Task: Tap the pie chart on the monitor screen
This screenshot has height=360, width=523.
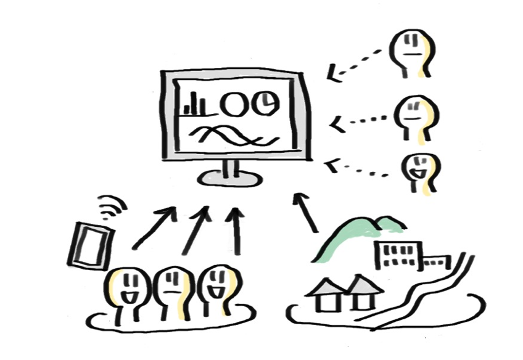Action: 267,102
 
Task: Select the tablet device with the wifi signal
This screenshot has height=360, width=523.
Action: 91,245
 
